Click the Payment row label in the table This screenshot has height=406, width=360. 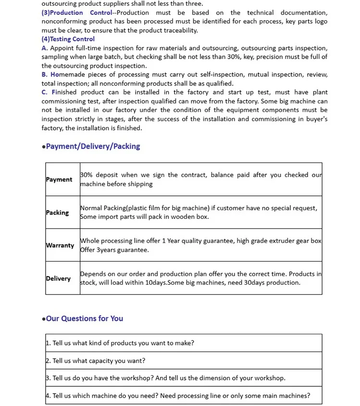pos(59,179)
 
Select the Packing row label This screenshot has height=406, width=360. pos(58,212)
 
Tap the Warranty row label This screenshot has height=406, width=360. pos(60,245)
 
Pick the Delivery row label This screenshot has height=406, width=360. pos(58,279)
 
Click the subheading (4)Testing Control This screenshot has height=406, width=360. pos(68,39)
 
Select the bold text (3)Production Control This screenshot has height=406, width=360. pos(76,13)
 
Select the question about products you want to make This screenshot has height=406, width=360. pos(121,343)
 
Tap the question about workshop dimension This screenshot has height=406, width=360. pos(166,378)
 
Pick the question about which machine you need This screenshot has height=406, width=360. pos(179,396)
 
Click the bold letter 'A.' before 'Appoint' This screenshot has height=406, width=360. pos(45,48)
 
